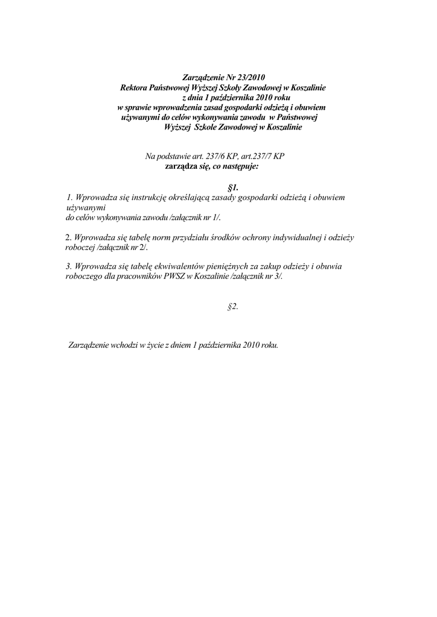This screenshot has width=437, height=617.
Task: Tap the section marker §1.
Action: click(233, 187)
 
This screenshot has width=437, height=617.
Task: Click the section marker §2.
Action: click(233, 307)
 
